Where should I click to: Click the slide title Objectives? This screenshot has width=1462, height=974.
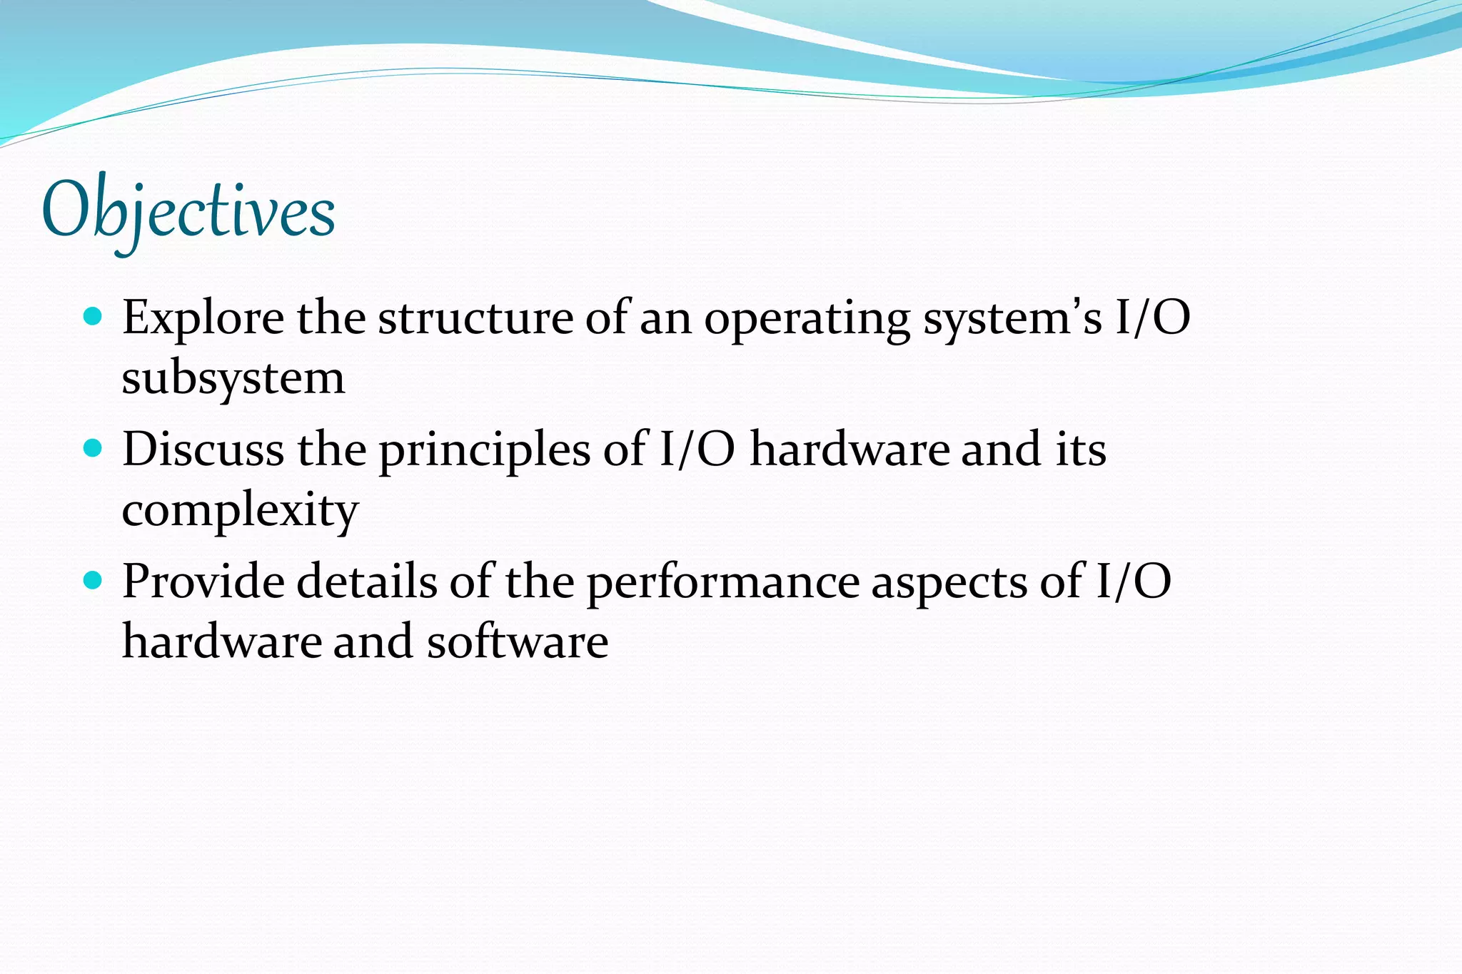click(x=188, y=212)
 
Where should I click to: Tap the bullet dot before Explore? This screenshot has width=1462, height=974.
click(x=93, y=315)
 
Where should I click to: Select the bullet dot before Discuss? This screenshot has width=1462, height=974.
click(x=93, y=448)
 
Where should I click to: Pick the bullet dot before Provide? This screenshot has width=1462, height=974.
click(x=93, y=580)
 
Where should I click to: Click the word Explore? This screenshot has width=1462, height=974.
click(x=203, y=318)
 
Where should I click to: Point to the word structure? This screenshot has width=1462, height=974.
click(x=475, y=318)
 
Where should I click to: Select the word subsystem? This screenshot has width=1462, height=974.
click(x=233, y=380)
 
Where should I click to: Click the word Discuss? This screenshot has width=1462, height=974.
click(x=203, y=450)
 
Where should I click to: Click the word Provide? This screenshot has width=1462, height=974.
click(x=203, y=582)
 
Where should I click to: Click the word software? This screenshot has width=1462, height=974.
click(x=518, y=641)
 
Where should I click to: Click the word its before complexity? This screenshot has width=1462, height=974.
click(x=1081, y=450)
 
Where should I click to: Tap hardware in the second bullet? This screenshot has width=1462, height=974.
click(x=850, y=450)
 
